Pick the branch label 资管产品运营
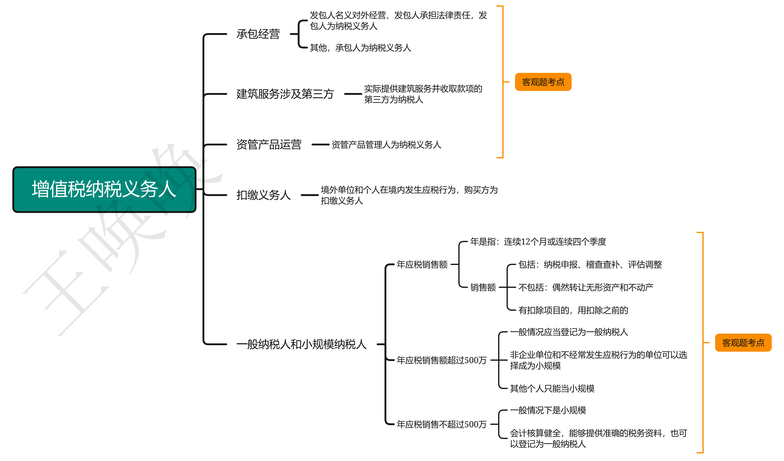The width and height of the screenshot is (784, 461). pyautogui.click(x=269, y=145)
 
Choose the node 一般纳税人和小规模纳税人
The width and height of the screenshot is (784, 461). pyautogui.click(x=301, y=344)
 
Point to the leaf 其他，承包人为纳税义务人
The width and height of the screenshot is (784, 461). pyautogui.click(x=360, y=48)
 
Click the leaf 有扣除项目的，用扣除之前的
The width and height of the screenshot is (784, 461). pyautogui.click(x=573, y=310)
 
